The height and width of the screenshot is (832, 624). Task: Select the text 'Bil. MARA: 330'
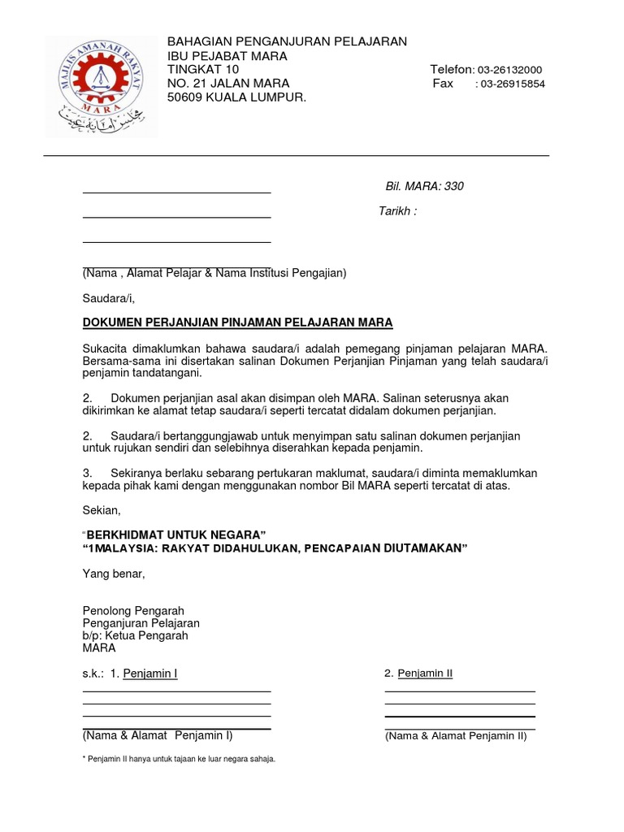(x=424, y=186)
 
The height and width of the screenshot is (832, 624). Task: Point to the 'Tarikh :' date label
(x=397, y=211)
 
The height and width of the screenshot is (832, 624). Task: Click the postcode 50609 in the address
(x=184, y=97)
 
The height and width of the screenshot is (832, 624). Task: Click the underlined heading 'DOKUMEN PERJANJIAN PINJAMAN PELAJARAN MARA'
(x=237, y=323)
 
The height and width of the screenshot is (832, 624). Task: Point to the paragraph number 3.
(x=86, y=473)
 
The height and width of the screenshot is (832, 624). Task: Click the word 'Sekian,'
(x=102, y=510)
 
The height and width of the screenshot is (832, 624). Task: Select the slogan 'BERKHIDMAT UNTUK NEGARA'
(x=176, y=535)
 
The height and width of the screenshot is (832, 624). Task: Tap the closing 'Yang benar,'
(x=114, y=574)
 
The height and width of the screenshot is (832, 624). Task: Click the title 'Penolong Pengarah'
(x=133, y=610)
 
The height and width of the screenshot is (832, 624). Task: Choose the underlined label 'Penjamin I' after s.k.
(x=150, y=674)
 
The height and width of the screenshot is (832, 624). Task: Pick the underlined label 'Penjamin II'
(x=425, y=674)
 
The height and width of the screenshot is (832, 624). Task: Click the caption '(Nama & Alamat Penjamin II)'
(x=456, y=736)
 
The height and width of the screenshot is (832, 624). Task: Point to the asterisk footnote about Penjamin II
(x=179, y=759)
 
